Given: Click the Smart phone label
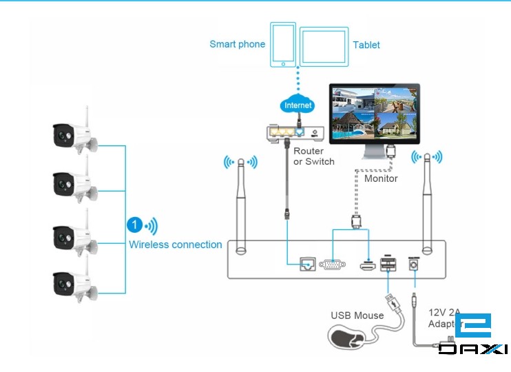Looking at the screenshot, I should pyautogui.click(x=237, y=44).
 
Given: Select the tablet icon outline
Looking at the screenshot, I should pyautogui.click(x=324, y=45).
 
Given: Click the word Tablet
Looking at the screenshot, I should pyautogui.click(x=366, y=45).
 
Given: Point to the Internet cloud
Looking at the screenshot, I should pyautogui.click(x=298, y=105).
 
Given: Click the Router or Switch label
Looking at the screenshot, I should pyautogui.click(x=313, y=156).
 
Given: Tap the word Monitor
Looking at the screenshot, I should pyautogui.click(x=381, y=178).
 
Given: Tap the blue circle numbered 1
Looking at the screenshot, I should pyautogui.click(x=135, y=225).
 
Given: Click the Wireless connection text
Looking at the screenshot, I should pyautogui.click(x=176, y=245).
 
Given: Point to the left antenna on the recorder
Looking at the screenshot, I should pyautogui.click(x=241, y=207).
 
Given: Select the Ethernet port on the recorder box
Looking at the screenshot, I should pyautogui.click(x=307, y=264).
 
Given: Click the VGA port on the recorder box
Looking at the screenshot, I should pyautogui.click(x=333, y=264).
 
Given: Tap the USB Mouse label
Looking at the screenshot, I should pyautogui.click(x=357, y=316).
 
